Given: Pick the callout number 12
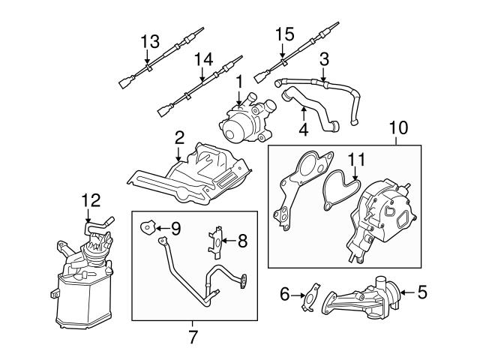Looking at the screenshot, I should (91, 199).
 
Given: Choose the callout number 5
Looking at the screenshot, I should (422, 292).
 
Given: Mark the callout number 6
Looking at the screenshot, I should (285, 295).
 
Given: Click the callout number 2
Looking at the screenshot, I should (179, 138).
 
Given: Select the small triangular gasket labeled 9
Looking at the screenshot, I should (148, 224).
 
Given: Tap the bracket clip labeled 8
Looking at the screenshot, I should (215, 241).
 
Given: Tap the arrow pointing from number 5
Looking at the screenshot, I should (403, 292).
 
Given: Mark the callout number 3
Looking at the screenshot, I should (324, 58).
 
